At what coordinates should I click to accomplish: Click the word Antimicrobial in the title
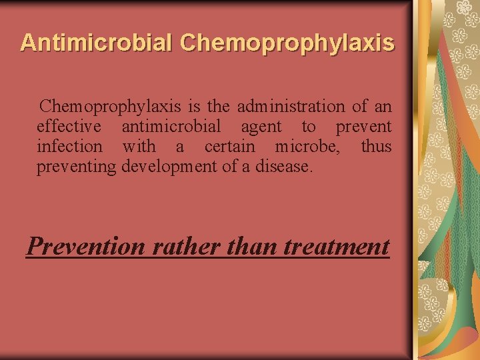(x=97, y=43)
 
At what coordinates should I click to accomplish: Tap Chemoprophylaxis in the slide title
(x=287, y=43)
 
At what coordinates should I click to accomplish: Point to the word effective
(x=69, y=126)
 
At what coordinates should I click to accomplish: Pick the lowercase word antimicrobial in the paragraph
(x=171, y=126)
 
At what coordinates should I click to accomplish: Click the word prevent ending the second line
(x=363, y=126)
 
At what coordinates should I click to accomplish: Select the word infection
(x=70, y=146)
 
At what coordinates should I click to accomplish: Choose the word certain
(x=230, y=146)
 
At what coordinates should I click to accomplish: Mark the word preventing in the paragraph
(x=76, y=166)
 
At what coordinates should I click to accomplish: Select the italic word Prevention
(x=86, y=247)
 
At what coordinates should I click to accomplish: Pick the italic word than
(x=253, y=247)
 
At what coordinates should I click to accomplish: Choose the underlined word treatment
(x=337, y=247)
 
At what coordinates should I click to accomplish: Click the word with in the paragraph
(x=139, y=146)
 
